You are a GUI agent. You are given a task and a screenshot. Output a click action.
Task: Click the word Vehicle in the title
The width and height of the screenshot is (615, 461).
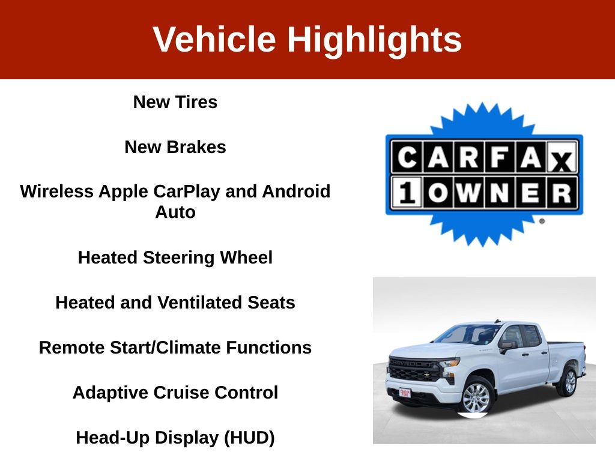click(x=214, y=39)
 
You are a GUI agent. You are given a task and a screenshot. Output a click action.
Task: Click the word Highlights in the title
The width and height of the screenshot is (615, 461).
click(x=375, y=40)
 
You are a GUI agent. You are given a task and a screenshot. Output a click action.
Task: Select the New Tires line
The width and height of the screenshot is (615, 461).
click(x=175, y=102)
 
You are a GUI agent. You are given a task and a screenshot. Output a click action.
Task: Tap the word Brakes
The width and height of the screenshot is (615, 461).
click(x=196, y=147)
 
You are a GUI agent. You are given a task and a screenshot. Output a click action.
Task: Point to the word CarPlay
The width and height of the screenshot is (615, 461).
click(x=186, y=192)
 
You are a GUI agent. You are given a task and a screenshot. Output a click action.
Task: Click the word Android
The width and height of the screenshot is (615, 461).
click(x=296, y=191)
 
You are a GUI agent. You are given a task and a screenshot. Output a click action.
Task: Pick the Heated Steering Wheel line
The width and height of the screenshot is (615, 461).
click(x=175, y=258)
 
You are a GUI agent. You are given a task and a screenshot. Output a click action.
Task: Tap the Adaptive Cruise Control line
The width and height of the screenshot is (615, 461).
click(x=175, y=393)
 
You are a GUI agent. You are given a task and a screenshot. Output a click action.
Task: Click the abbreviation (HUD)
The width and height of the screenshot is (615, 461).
click(x=249, y=438)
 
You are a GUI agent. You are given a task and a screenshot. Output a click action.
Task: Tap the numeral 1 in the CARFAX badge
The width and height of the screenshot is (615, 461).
click(x=407, y=193)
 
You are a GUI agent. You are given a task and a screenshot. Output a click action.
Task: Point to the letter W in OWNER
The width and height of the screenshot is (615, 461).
click(x=468, y=193)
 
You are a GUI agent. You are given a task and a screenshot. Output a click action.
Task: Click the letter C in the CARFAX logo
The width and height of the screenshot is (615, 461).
click(x=408, y=158)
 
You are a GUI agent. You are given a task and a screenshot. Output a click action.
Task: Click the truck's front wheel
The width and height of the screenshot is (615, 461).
click(x=476, y=397)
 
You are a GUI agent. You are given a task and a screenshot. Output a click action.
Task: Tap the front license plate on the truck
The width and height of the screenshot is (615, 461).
click(x=404, y=392)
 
